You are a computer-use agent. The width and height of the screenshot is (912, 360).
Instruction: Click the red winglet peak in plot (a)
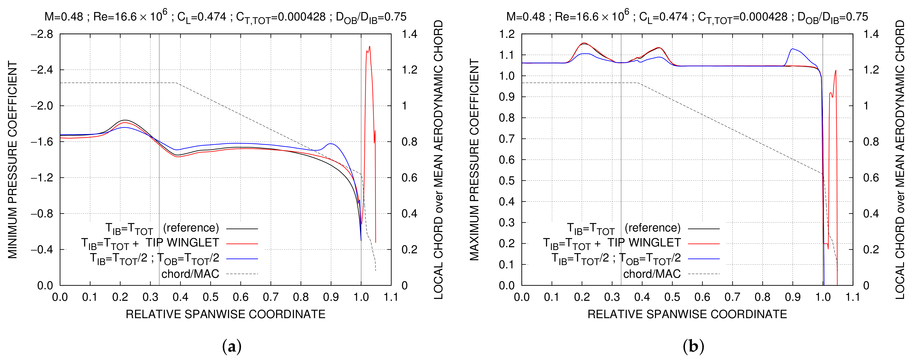click(369, 47)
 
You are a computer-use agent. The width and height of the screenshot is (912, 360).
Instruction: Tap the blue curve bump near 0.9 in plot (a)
click(331, 144)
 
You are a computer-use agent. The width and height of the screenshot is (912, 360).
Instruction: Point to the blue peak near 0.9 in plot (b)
click(793, 49)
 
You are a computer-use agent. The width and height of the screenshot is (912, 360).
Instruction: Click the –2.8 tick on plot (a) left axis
click(42, 34)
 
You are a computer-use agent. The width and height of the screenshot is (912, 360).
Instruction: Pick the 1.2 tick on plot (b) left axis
click(507, 34)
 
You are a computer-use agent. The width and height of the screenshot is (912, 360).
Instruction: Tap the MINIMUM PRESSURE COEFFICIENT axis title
click(12, 160)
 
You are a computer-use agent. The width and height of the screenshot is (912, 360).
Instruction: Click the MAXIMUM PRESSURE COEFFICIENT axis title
click(474, 160)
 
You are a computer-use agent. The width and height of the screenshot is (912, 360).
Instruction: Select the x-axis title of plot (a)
click(225, 314)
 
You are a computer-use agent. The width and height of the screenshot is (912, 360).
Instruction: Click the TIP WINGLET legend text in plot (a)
click(182, 243)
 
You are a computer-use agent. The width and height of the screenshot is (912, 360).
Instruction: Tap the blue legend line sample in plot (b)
click(704, 259)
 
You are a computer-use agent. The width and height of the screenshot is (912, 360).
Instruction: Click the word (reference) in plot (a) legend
click(191, 228)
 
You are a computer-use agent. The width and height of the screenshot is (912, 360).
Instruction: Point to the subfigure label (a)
click(232, 346)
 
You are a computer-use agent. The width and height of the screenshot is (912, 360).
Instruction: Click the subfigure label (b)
click(693, 346)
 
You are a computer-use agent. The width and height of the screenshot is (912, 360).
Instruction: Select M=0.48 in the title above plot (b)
click(525, 17)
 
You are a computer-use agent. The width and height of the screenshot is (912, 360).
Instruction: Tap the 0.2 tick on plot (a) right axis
click(409, 250)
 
